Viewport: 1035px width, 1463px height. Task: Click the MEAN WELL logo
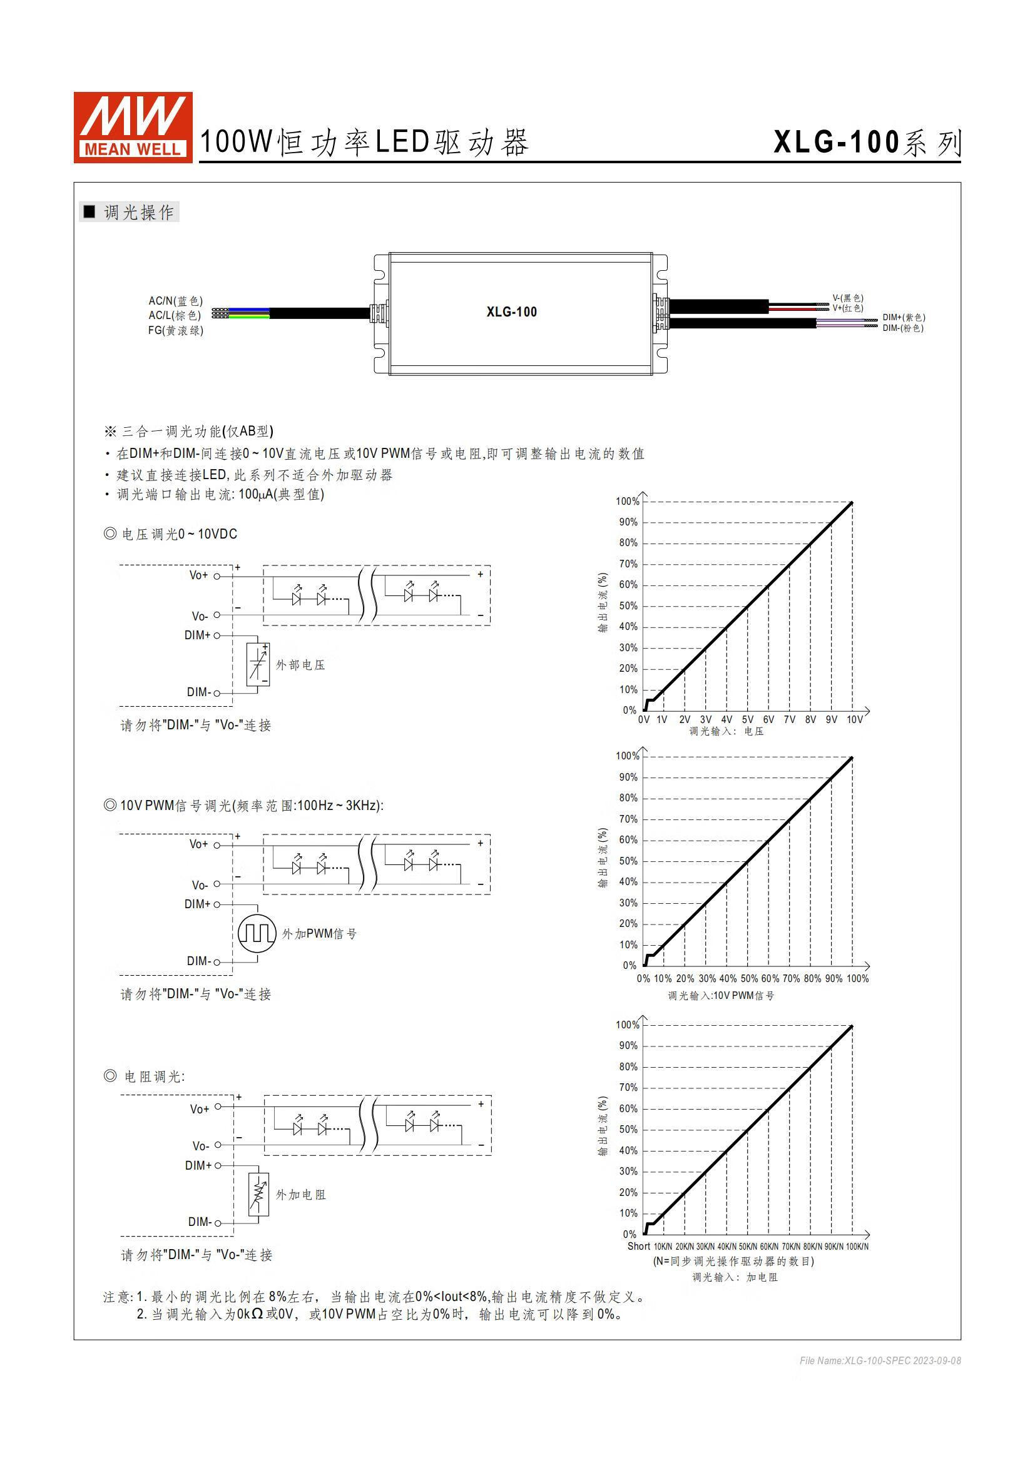click(133, 127)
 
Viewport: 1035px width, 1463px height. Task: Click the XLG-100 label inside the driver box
click(511, 311)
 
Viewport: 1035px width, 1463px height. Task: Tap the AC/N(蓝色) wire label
click(175, 301)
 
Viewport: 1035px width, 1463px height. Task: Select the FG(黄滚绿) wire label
click(175, 330)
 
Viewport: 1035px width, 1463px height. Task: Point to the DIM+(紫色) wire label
click(903, 317)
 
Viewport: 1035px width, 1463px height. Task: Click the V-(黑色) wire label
click(848, 298)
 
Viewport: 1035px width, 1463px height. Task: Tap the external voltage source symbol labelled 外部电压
click(257, 665)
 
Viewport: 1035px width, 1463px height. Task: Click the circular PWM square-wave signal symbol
click(257, 933)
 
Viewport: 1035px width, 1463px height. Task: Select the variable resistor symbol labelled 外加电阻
click(258, 1195)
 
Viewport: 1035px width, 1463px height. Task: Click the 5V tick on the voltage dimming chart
click(748, 719)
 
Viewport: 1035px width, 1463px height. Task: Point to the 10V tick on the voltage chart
click(854, 719)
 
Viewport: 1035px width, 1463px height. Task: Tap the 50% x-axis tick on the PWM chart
click(749, 979)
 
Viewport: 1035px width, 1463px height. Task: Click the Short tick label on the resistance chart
click(639, 1247)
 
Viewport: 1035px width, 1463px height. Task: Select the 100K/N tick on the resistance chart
click(857, 1247)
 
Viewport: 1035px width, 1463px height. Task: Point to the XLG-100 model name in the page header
click(836, 141)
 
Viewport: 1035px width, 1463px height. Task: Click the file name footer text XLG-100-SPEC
click(879, 1361)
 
